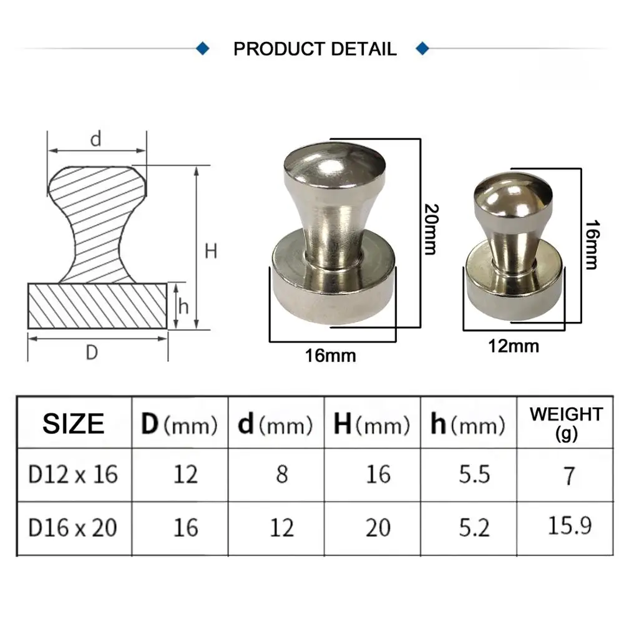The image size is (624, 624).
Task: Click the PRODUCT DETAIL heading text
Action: click(x=314, y=49)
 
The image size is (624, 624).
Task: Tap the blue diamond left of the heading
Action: click(x=203, y=49)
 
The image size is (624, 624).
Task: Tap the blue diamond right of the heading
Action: click(x=422, y=49)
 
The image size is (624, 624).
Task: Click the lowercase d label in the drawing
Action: click(x=96, y=139)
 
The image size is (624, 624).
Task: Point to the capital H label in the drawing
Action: click(x=211, y=251)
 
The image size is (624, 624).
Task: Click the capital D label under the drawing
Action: click(x=92, y=352)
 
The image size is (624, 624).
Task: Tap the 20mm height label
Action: click(x=431, y=229)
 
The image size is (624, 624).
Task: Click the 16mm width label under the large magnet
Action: click(x=330, y=356)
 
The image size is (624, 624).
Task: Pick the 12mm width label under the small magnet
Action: click(x=514, y=346)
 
